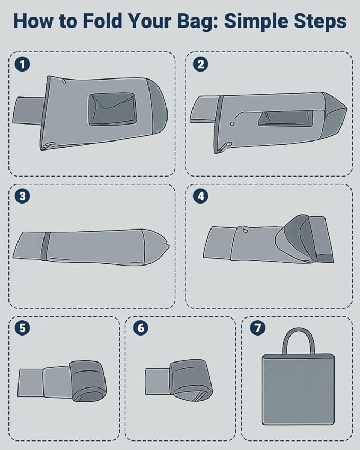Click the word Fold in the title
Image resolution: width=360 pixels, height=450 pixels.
pos(102,21)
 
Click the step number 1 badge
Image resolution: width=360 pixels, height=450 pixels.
pos(22,64)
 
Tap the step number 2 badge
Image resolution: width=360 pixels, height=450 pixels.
pos(200,64)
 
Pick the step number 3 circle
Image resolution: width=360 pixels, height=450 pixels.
pos(22,196)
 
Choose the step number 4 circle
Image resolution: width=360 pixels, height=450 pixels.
pos(200,196)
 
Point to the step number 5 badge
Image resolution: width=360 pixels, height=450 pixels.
pos(22,328)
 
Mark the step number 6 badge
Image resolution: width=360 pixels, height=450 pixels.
pos(141,328)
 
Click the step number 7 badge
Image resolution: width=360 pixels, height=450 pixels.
pos(257,328)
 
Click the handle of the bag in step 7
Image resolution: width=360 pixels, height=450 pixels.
pos(298,330)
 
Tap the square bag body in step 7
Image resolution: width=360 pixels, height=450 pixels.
pos(298,389)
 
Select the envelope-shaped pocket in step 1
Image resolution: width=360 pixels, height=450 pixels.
pos(112,109)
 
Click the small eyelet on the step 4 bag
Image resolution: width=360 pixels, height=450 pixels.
pos(245,230)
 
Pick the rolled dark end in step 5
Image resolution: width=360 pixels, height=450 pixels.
pos(88,381)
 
